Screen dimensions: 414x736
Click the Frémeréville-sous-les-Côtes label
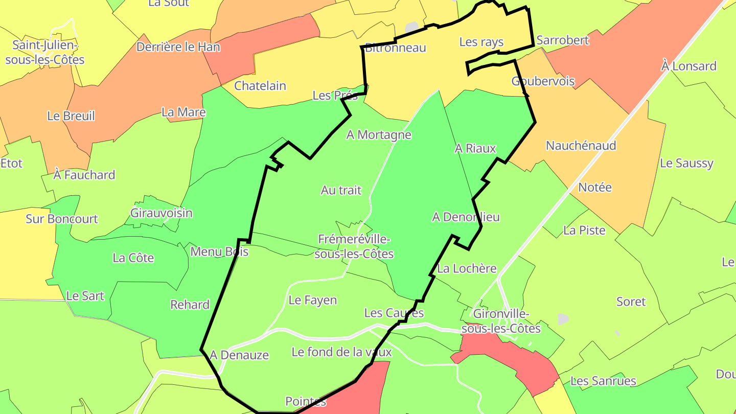pos(354,246)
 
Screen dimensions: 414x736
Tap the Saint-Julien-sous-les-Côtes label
pos(45,52)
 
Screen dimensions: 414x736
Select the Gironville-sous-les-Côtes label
pos(501,321)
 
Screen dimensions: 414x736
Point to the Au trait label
pos(341,190)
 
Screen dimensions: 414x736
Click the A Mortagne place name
pos(379,135)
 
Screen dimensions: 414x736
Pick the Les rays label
pos(481,42)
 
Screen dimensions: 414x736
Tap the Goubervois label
pos(543,81)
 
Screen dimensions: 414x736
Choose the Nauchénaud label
pos(581,146)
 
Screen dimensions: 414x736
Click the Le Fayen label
pos(313,300)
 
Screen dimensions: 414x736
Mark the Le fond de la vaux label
pos(341,352)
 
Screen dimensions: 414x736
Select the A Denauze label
pos(239,355)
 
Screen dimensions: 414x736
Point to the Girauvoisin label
pos(162,213)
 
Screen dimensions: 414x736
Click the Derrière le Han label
pos(178,47)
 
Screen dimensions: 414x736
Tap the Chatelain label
pos(260,86)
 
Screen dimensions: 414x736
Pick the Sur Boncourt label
pos(62,219)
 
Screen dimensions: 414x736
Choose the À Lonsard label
pos(688,66)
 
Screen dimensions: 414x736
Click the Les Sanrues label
pos(603,381)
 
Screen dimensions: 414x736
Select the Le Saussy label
pos(686,164)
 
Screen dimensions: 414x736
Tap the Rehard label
pos(190,305)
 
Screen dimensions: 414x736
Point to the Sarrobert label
pos(563,40)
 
